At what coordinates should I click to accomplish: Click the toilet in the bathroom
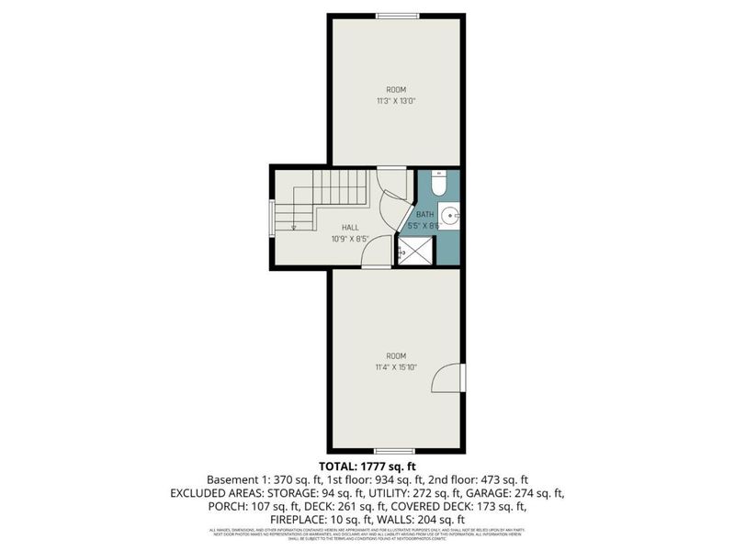[438, 185]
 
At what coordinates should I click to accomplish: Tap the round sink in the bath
[448, 217]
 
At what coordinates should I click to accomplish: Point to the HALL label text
[350, 227]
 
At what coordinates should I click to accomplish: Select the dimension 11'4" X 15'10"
[396, 365]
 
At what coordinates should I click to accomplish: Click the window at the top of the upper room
[397, 16]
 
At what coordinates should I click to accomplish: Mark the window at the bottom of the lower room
[396, 450]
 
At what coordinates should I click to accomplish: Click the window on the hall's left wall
[271, 219]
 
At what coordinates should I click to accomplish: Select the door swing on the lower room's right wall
[449, 377]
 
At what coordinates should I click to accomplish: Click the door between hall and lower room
[378, 254]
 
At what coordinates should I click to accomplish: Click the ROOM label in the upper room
[396, 89]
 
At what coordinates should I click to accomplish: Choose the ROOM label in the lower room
[396, 355]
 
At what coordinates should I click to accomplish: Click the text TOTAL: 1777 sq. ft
[367, 467]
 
